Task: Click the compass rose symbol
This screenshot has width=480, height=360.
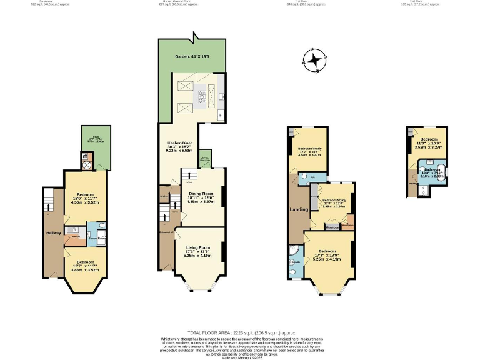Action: coord(314,61)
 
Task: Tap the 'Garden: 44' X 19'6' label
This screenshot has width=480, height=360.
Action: coord(191,56)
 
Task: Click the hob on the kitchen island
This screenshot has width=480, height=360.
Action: coord(203,96)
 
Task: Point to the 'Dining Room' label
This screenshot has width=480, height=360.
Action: coord(201,194)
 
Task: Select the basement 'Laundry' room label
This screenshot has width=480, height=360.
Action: coord(74,237)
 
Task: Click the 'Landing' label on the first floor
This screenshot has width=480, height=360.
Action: coord(298,209)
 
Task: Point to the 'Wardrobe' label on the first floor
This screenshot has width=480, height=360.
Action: coord(332,226)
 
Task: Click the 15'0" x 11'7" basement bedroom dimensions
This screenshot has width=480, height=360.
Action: coord(84,199)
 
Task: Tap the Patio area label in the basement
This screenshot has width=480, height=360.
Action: coord(94,139)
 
